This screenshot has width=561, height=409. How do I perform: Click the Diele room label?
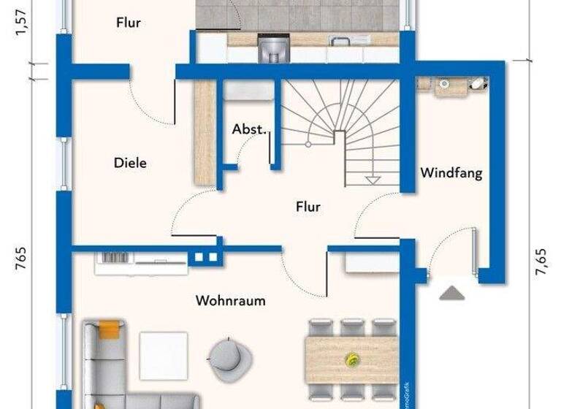[x=130, y=163]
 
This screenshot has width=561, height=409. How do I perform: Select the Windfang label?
[x=451, y=173]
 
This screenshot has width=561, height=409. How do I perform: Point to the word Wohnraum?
[x=230, y=300]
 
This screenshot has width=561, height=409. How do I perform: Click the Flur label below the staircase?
[x=308, y=207]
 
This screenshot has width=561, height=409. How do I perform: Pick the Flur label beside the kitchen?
[x=128, y=23]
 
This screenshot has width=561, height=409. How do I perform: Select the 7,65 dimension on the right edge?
[x=541, y=261]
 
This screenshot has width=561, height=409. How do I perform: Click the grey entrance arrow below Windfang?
[x=452, y=292]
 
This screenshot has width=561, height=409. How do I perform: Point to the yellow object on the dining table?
[x=352, y=359]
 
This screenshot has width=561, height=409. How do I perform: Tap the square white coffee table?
[x=163, y=356]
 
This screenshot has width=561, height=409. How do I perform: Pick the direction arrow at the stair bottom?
[x=373, y=178]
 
